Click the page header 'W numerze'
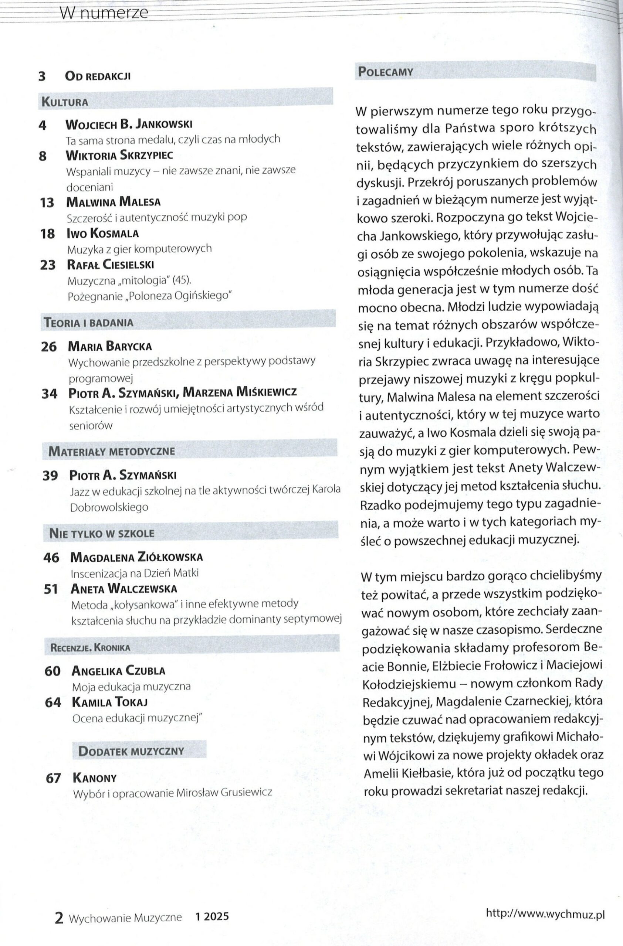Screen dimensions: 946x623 coord(104,14)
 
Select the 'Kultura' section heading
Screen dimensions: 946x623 coord(64,102)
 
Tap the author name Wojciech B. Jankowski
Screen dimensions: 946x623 coord(128,125)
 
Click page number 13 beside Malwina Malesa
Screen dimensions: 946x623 coord(47,203)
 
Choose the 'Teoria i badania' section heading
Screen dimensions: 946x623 coord(89,322)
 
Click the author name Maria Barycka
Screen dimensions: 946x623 coord(110,346)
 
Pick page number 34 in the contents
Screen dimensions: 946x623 coord(49,394)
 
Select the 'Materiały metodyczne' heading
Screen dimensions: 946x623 coord(111,451)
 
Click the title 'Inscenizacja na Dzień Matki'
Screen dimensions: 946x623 coord(134,573)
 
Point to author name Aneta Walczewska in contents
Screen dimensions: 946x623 coord(123,589)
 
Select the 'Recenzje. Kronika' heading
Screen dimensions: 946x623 coord(90,647)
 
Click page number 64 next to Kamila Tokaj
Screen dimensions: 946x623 coord(53,702)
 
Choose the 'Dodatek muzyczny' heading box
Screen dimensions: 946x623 coord(131,751)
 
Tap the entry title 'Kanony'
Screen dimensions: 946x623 coord(95,778)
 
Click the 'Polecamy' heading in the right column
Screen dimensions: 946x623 coord(386,72)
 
